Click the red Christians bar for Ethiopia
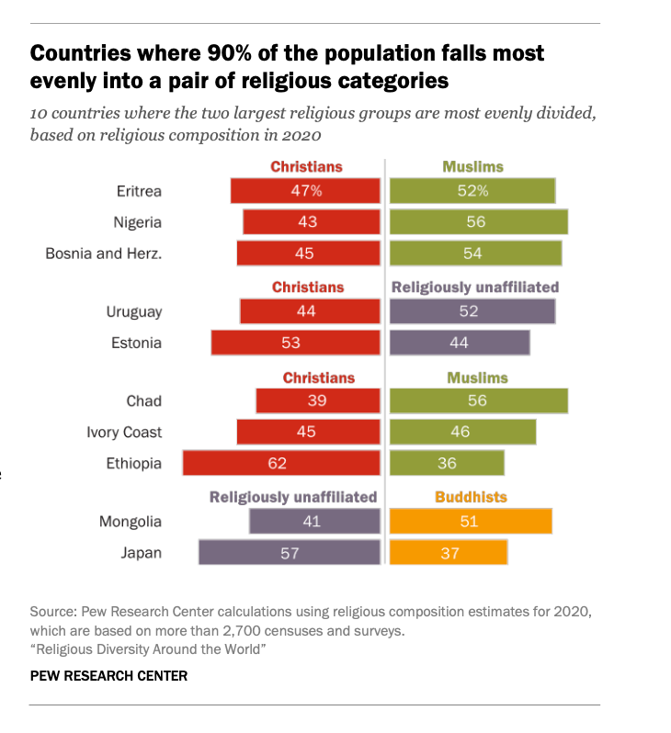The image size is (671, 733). click(281, 463)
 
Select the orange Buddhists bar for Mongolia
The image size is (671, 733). click(471, 522)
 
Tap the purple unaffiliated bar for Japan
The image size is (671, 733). click(289, 552)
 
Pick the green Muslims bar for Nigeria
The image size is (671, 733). click(478, 222)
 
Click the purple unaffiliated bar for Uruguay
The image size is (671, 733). click(472, 311)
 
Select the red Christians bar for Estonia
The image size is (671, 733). click(295, 343)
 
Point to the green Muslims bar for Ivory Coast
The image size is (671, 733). click(462, 432)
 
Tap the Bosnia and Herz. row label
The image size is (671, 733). click(103, 254)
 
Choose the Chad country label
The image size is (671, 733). click(143, 400)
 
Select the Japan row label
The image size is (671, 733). click(141, 552)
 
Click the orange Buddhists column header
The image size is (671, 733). click(471, 497)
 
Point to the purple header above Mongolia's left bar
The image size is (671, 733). click(293, 497)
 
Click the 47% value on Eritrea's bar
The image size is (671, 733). click(306, 191)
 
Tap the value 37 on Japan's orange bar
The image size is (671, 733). click(449, 553)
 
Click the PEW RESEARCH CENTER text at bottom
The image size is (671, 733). click(108, 676)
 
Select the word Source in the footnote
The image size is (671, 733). click(51, 611)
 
